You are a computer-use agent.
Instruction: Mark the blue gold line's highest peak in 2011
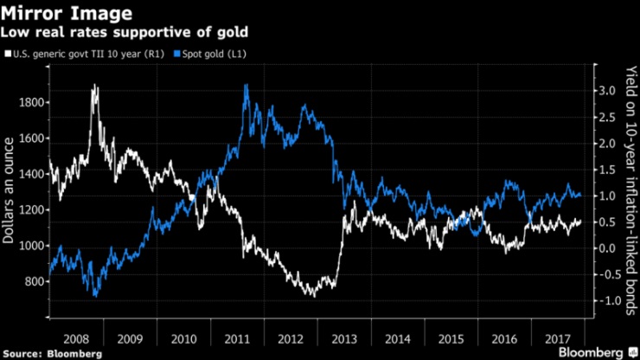(247, 85)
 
